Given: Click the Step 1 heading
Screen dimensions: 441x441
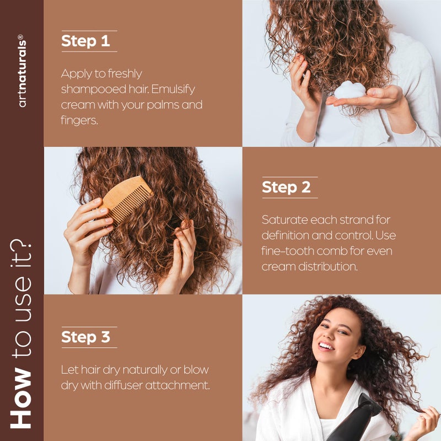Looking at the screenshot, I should [85, 41].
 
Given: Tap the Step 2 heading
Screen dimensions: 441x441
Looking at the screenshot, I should [286, 187].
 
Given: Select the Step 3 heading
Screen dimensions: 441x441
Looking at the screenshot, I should [85, 337].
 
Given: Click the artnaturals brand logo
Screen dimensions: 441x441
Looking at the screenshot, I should [22, 72].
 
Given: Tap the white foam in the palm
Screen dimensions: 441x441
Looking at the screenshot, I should [349, 89].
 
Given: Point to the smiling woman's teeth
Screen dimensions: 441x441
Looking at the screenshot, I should [327, 347].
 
